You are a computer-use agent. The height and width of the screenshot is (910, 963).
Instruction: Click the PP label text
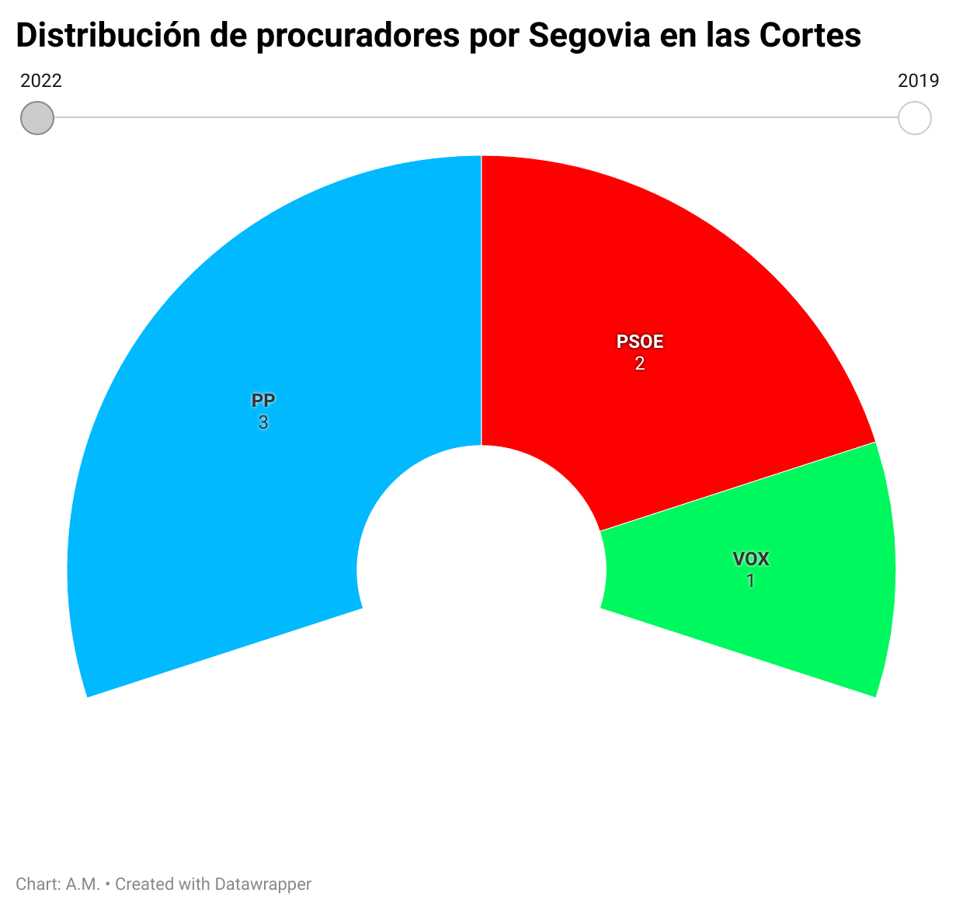click(x=263, y=401)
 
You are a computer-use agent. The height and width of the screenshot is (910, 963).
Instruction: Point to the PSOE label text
click(x=640, y=342)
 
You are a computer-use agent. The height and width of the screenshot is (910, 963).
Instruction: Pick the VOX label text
click(x=751, y=559)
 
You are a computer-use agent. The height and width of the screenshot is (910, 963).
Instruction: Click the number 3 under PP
click(x=263, y=423)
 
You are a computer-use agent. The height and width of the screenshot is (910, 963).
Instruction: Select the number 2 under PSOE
click(x=640, y=363)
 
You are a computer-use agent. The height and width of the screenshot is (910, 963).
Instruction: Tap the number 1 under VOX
click(x=751, y=581)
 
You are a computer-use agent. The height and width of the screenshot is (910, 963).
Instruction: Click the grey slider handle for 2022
click(x=37, y=118)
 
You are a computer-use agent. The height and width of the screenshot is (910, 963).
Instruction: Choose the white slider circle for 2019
click(x=914, y=118)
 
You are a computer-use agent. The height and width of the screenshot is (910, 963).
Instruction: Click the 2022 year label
click(x=41, y=81)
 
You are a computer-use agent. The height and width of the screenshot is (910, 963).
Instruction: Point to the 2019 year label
click(x=919, y=81)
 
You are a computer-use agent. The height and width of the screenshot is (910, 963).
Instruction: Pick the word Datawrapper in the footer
click(x=262, y=884)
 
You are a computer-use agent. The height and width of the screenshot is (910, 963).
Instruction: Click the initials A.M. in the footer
click(x=83, y=884)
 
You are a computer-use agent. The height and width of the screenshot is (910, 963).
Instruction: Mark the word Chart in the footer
click(x=36, y=884)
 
